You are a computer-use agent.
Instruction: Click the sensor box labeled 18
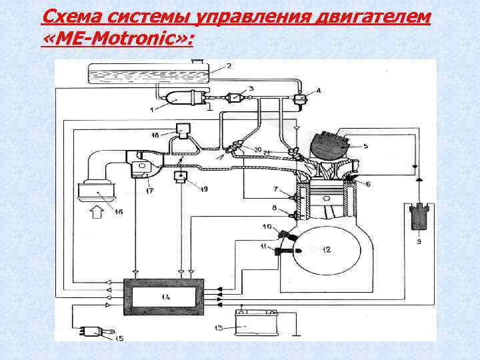pos(182,129)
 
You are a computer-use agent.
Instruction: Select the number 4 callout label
pos(319,90)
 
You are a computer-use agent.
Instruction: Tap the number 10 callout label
pos(266,228)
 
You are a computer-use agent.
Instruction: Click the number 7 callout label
pos(275,190)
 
